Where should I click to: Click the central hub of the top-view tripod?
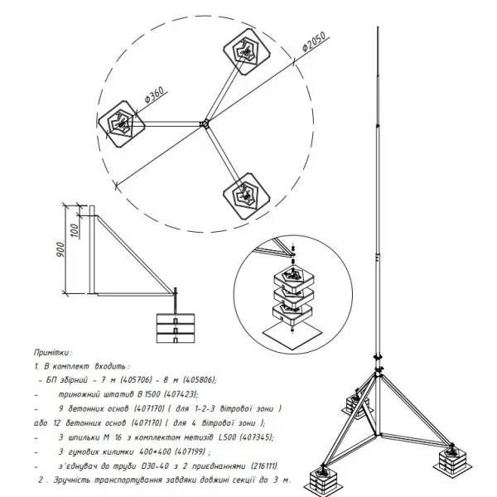click(x=205, y=125)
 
